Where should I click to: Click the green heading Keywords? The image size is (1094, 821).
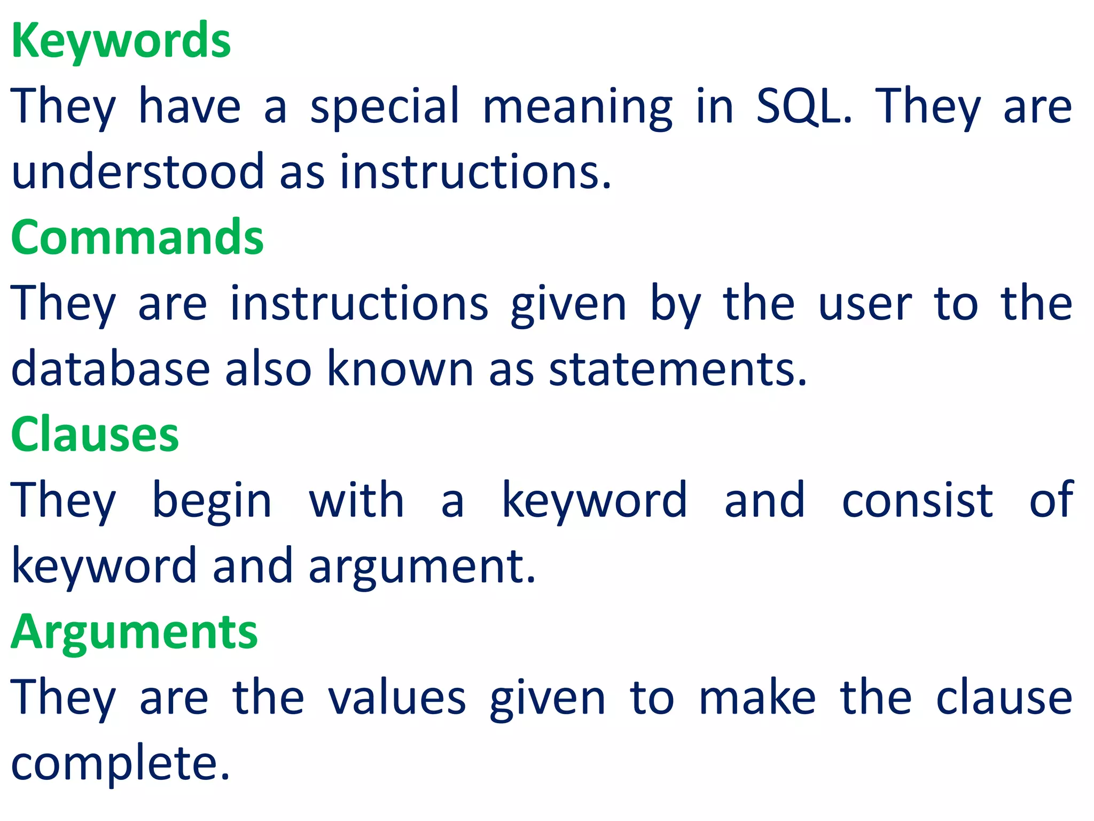point(121,42)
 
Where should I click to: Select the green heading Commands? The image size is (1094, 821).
point(137,238)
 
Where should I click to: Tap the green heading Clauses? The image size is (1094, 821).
point(95,435)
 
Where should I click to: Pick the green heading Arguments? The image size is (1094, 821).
point(134,632)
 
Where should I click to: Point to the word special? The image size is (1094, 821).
point(385,106)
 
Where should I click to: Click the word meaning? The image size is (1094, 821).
point(577,106)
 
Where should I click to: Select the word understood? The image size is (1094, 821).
point(137,172)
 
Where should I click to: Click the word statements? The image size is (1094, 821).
point(677,369)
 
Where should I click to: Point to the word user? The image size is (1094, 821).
point(865,304)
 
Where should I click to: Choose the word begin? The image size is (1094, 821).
point(212,500)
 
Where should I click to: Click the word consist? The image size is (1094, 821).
point(917,500)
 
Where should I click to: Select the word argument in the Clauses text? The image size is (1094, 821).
point(421,567)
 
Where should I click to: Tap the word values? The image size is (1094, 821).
point(397,698)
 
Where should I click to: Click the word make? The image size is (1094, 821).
point(757,698)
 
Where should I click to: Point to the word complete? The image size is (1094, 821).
point(120,763)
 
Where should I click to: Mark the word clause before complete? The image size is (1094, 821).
point(1004,698)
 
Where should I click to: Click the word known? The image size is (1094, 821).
point(400,369)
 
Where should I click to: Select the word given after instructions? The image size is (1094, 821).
point(568,304)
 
